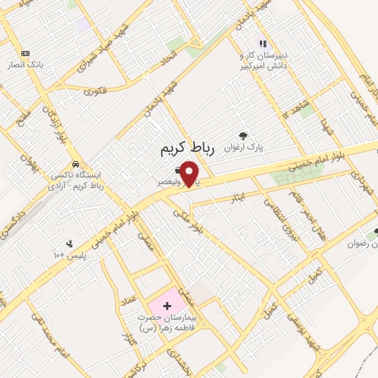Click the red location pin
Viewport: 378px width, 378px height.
point(190,174)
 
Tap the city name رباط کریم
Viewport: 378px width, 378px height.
point(187,149)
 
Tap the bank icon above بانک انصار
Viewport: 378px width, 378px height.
point(26,53)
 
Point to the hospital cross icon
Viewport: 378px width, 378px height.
point(166,305)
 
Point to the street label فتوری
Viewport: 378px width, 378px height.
point(95,93)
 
